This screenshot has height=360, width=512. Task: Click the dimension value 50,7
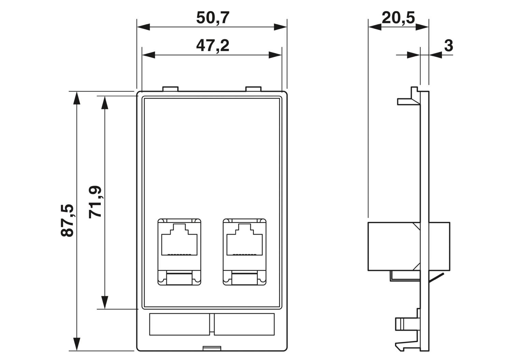click(212, 18)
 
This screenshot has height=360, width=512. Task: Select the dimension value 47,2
click(212, 45)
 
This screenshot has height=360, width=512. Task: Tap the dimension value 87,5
click(67, 220)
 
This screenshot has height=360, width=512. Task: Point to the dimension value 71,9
click(95, 202)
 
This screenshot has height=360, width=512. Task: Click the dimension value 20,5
click(398, 18)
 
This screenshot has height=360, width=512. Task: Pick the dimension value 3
click(449, 45)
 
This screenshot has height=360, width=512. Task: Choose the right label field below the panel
click(244, 324)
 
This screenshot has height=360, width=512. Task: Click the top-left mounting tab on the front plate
click(170, 89)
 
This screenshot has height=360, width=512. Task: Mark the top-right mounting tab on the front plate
click(253, 89)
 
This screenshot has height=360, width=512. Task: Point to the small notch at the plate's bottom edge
click(212, 348)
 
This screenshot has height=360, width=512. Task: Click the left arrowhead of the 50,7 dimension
click(143, 27)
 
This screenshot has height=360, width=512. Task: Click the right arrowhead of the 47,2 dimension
click(276, 55)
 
